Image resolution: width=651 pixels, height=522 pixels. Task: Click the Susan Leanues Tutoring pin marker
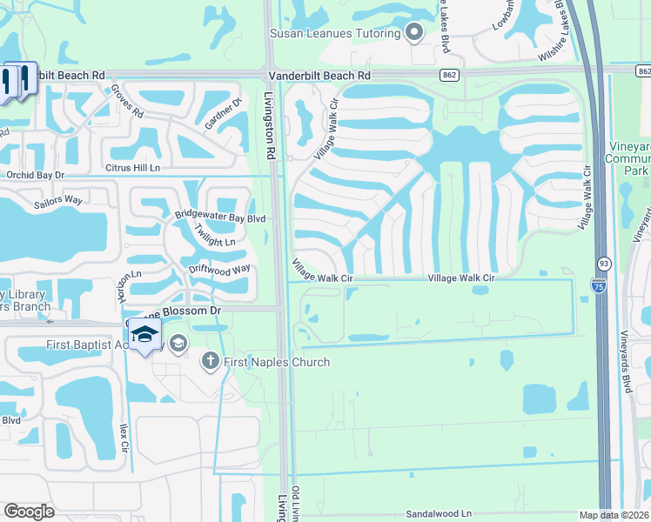click(414, 33)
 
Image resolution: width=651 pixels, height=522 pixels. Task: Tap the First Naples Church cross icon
click(211, 361)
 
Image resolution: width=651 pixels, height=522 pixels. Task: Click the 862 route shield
click(449, 76)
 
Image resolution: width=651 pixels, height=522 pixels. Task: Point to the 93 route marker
click(603, 262)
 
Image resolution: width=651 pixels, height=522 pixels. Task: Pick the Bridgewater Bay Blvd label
click(219, 217)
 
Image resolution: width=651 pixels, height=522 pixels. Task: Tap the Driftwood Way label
click(219, 269)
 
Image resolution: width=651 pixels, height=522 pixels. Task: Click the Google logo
click(29, 512)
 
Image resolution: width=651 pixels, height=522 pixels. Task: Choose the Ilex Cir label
click(124, 438)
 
